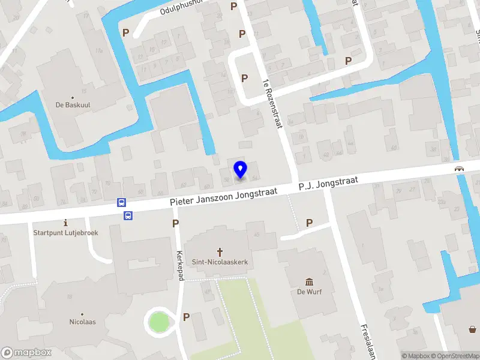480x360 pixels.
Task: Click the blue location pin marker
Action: pos(240,170)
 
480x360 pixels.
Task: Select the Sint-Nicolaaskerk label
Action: pos(220,262)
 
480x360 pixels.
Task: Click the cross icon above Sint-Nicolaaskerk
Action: pos(220,253)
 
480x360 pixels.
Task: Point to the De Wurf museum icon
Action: pos(309,282)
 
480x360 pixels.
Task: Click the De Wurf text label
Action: pos(310,292)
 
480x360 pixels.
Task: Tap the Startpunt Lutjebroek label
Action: pos(65,232)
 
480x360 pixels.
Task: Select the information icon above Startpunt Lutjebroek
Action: pos(65,223)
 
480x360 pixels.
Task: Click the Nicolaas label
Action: pos(82,322)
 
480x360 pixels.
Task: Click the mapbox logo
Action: pos(26,353)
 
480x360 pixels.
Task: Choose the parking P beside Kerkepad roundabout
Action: pos(186,317)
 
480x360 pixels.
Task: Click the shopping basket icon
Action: pos(473,328)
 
